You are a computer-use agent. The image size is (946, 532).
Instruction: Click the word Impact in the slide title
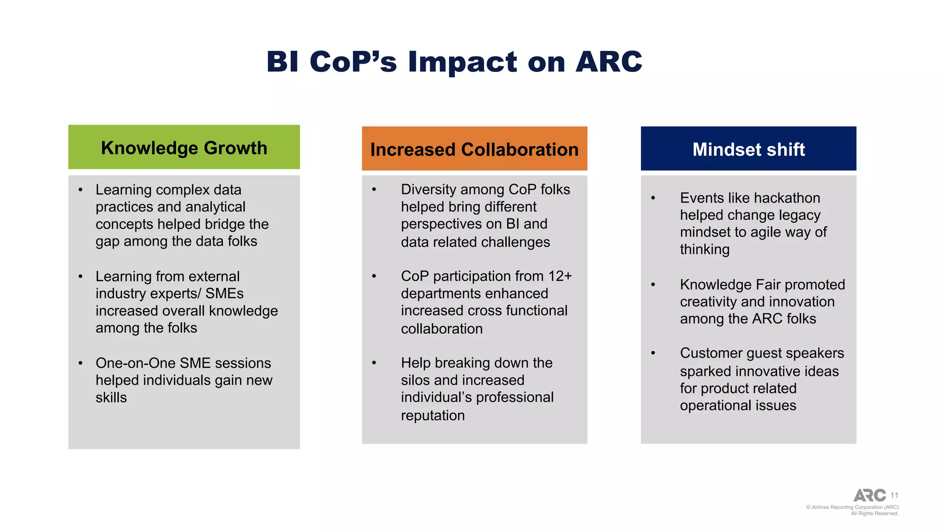click(462, 62)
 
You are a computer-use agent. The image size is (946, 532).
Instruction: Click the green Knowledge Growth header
click(184, 148)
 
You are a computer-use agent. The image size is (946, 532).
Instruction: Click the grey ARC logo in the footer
click(869, 496)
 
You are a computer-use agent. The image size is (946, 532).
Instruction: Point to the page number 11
click(894, 496)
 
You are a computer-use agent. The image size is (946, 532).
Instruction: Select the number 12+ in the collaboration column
click(560, 276)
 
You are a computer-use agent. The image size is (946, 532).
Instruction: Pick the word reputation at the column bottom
click(433, 416)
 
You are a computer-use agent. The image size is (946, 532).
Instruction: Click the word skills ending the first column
click(111, 398)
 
